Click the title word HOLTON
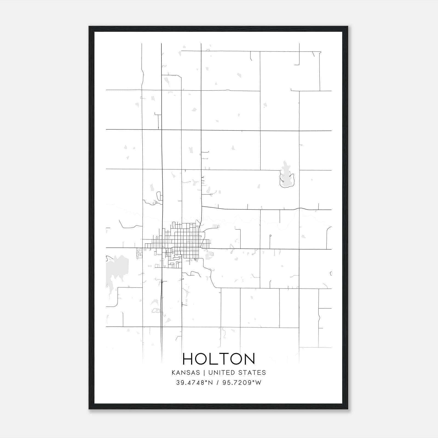(x=219, y=359)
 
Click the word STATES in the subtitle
(x=252, y=373)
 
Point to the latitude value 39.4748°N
(x=194, y=383)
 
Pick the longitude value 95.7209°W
(x=242, y=383)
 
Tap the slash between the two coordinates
(x=217, y=383)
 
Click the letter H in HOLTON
(x=188, y=359)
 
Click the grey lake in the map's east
(x=286, y=177)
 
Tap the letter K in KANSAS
(x=174, y=373)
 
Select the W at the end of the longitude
(x=258, y=383)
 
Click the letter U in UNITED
(x=211, y=373)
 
